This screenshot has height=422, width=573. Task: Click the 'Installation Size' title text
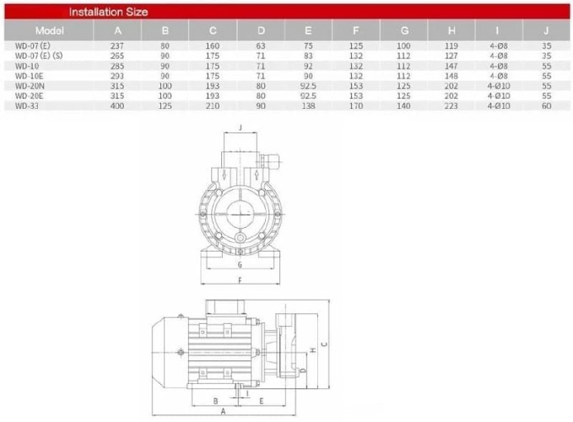(x=108, y=12)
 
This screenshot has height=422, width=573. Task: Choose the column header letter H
(x=454, y=30)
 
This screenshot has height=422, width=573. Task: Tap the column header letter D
(x=262, y=30)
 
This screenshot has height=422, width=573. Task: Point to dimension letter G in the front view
(x=241, y=264)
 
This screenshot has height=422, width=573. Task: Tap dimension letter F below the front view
(x=241, y=279)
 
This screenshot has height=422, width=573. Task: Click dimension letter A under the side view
(x=222, y=410)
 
